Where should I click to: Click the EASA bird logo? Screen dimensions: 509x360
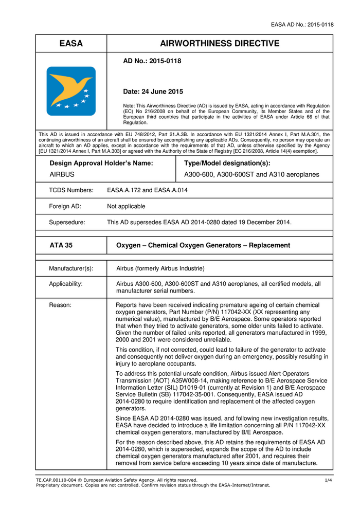71,91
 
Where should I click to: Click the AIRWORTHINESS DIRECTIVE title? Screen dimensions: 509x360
220,44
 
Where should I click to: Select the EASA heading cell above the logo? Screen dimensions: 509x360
71,44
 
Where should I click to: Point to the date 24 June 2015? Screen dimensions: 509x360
153,92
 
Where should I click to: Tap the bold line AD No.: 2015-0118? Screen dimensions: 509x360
152,61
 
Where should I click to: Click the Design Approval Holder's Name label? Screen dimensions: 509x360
101,163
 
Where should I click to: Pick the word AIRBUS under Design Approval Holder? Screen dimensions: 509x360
62,174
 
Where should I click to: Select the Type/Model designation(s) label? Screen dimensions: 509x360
227,163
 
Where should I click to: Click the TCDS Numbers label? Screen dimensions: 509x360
71,190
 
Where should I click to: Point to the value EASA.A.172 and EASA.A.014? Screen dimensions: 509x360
147,190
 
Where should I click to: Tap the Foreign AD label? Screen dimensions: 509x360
65,206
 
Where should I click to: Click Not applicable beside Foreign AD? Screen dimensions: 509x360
126,206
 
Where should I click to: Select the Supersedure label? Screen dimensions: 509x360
67,223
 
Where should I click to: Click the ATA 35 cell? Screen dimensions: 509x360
61,245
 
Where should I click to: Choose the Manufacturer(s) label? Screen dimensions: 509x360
71,268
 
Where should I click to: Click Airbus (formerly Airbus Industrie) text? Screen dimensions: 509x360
160,268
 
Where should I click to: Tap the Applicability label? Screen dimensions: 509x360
66,284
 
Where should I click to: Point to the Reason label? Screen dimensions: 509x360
60,305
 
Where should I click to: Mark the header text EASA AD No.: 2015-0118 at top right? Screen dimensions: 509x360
302,25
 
